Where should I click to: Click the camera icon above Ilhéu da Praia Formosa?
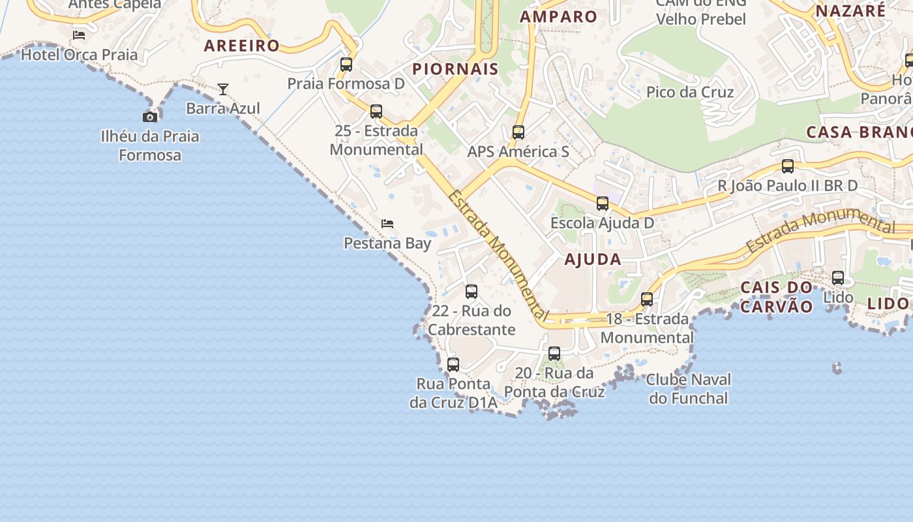click(x=150, y=117)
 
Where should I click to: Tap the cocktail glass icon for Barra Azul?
click(x=223, y=89)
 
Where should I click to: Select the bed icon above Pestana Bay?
click(x=387, y=224)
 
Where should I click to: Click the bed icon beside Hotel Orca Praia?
click(x=79, y=35)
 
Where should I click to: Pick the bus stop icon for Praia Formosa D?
click(x=346, y=65)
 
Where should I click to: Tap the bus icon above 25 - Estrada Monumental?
click(x=376, y=112)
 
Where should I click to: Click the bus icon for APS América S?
click(x=518, y=132)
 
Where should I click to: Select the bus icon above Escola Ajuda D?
click(x=603, y=204)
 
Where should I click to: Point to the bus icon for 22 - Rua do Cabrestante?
click(x=471, y=292)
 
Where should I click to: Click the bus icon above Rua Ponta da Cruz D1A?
click(x=453, y=365)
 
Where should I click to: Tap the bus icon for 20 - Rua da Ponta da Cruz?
click(x=554, y=354)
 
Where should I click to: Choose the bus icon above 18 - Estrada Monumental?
click(x=647, y=299)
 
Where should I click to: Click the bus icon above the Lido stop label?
click(x=838, y=278)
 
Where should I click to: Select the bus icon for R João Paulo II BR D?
click(x=788, y=166)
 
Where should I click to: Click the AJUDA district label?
click(x=593, y=259)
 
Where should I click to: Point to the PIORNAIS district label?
click(x=455, y=69)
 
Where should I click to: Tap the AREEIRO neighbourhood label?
click(x=242, y=46)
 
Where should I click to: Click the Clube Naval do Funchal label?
click(x=689, y=388)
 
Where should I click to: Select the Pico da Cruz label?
click(x=690, y=92)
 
